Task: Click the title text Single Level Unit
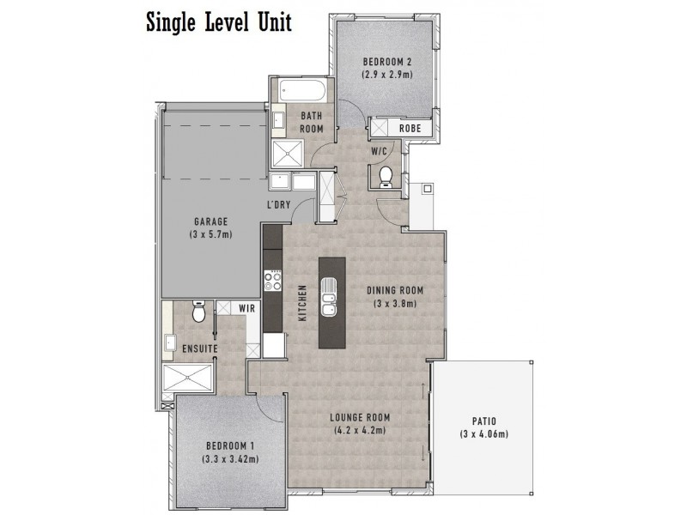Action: pos(218,21)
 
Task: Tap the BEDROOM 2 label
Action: pos(387,62)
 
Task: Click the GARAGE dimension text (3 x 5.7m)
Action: pos(211,233)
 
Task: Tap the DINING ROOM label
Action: pos(395,290)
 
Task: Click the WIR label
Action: pos(245,308)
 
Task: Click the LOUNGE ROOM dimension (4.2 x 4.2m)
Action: pos(361,432)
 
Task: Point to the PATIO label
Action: pos(483,421)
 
